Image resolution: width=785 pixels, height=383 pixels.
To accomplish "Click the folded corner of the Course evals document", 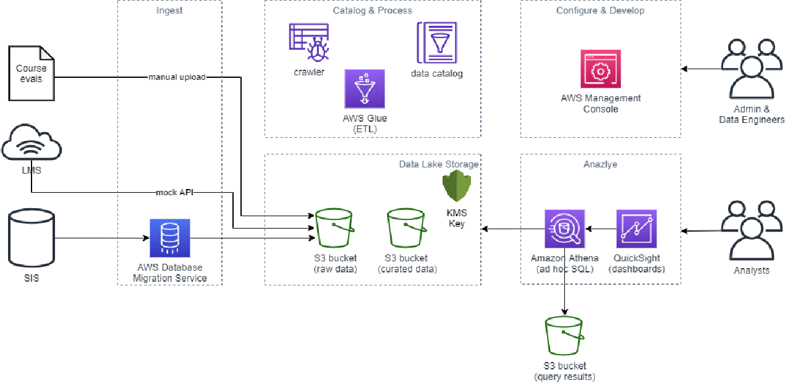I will pyautogui.click(x=48, y=51).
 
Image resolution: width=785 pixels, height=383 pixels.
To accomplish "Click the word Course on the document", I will pyautogui.click(x=31, y=69).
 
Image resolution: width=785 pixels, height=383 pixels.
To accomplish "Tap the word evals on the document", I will pyautogui.click(x=31, y=78).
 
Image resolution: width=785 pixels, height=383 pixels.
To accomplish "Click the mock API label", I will pyautogui.click(x=176, y=193).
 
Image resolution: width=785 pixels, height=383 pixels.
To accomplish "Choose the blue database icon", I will pyautogui.click(x=170, y=238).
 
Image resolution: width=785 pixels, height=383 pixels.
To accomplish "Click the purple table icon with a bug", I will pyautogui.click(x=309, y=42).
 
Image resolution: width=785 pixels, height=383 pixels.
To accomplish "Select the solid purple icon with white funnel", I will pyautogui.click(x=363, y=89).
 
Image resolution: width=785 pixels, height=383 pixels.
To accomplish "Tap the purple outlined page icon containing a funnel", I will pyautogui.click(x=437, y=42).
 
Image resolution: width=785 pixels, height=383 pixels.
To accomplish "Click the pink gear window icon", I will pyautogui.click(x=600, y=69).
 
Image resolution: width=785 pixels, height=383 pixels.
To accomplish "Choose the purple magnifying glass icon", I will pyautogui.click(x=566, y=229).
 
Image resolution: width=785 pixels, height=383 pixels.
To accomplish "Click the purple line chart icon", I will pyautogui.click(x=635, y=229).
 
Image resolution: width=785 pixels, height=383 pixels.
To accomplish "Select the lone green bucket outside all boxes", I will pyautogui.click(x=564, y=337).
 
